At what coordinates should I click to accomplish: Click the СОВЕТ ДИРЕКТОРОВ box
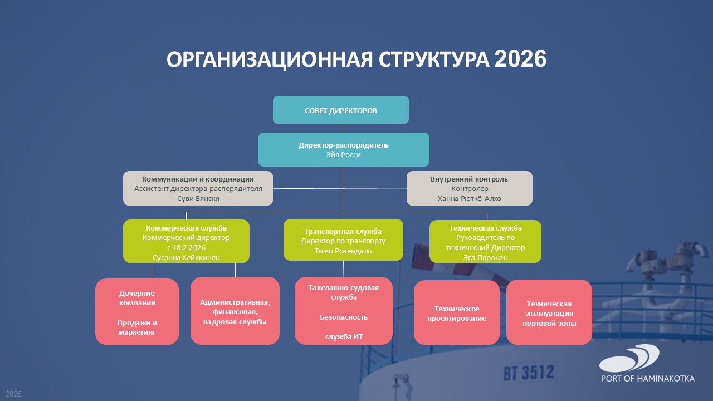[x=340, y=110]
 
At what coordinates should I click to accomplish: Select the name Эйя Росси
[x=344, y=155]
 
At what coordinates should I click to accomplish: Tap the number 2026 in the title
[x=520, y=59]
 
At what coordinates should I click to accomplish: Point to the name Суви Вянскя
[x=198, y=199]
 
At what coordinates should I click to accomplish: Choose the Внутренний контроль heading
[x=469, y=179]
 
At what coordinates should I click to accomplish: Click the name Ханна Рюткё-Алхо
[x=469, y=199]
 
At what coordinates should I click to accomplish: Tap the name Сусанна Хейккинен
[x=186, y=257]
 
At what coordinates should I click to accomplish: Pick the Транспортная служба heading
[x=343, y=231]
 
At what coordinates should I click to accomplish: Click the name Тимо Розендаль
[x=343, y=251]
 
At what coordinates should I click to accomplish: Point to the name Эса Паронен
[x=485, y=257]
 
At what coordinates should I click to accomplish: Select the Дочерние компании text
[x=137, y=298]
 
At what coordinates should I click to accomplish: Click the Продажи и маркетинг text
[x=137, y=327]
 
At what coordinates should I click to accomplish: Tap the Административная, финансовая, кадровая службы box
[x=235, y=311]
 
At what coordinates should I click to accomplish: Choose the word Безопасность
[x=344, y=317]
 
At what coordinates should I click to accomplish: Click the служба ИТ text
[x=344, y=337]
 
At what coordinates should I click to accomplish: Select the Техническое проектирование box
[x=456, y=312]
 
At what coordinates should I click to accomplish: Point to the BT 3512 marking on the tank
[x=529, y=373]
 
